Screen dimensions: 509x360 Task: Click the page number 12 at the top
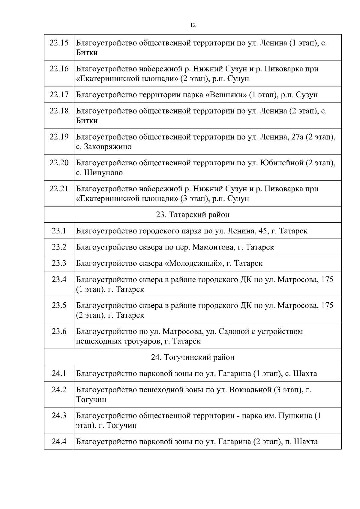tap(193, 25)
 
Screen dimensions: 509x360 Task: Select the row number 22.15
tap(59, 43)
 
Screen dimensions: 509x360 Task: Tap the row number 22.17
tap(59, 95)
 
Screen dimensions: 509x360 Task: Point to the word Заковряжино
tap(108, 147)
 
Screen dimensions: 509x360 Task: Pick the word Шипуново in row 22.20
tap(103, 173)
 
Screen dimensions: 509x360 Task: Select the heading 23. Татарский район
tap(193, 215)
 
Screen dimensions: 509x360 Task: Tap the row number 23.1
tap(59, 231)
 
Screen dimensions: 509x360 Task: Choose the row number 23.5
tap(59, 305)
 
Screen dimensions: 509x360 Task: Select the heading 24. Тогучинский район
tap(193, 357)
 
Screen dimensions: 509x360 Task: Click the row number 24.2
tap(59, 390)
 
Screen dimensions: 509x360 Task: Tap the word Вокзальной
tap(250, 390)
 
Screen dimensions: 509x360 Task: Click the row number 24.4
tap(59, 442)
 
